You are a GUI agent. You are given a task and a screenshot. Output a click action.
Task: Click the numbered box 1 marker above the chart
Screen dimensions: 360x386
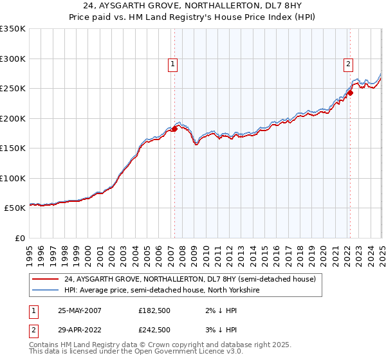pos(174,64)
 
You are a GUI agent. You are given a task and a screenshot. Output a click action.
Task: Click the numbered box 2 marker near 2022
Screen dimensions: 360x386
pos(348,64)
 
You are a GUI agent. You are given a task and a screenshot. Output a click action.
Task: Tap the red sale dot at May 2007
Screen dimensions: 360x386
pos(174,129)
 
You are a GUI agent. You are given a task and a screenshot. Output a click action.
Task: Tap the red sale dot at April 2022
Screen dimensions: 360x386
pos(351,93)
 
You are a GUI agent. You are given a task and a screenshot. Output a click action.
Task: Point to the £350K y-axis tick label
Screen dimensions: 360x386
pos(13,29)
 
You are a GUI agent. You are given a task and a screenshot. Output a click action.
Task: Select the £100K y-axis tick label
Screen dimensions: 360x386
pos(13,178)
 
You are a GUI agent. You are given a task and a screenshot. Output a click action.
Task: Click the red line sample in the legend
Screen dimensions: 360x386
pos(45,280)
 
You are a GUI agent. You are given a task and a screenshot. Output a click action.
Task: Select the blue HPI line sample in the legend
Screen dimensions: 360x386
pos(45,291)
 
